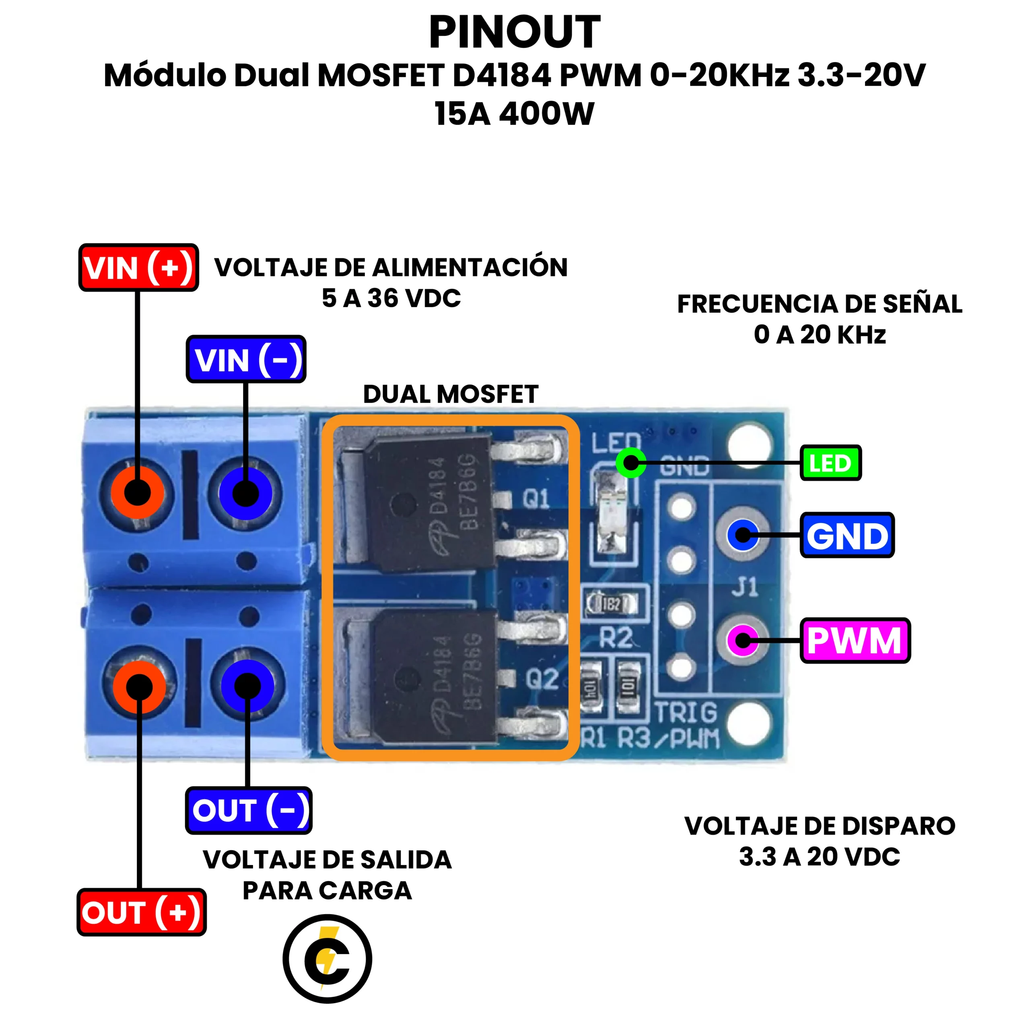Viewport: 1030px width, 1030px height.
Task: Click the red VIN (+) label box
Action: (x=138, y=268)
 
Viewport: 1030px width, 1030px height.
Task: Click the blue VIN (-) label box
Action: (x=246, y=359)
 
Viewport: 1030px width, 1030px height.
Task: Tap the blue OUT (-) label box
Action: (x=248, y=810)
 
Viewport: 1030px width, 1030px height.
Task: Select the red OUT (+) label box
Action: (x=141, y=912)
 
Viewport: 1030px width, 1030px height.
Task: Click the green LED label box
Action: (x=830, y=463)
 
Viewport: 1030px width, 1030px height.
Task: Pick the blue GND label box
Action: (x=847, y=535)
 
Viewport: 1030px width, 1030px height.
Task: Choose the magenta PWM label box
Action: (x=855, y=640)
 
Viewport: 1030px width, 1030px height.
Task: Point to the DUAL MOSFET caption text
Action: (x=451, y=395)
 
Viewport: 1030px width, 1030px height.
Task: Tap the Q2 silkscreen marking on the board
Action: (x=542, y=679)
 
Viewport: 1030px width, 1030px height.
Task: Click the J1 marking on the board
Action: (x=744, y=587)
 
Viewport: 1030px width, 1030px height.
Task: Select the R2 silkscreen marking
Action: (x=615, y=638)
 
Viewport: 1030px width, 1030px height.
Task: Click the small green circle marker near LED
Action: (x=631, y=463)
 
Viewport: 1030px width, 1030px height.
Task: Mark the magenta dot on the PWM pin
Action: (x=742, y=640)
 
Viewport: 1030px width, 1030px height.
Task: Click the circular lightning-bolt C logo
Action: (x=327, y=958)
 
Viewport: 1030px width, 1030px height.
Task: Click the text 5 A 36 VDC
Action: (x=391, y=298)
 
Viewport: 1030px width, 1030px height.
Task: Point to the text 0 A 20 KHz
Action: (x=820, y=335)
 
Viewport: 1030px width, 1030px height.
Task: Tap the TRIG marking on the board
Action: (x=686, y=713)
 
